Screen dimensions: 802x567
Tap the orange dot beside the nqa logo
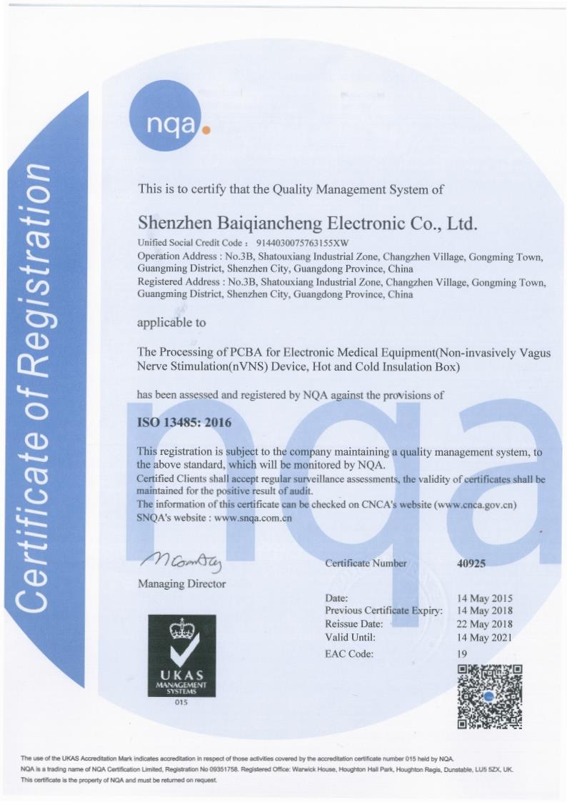(207, 131)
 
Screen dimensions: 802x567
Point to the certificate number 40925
(471, 563)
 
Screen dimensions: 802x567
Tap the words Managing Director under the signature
(181, 583)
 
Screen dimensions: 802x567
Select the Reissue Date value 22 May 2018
(485, 624)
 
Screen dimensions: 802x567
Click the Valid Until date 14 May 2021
(485, 637)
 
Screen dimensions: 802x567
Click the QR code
(489, 696)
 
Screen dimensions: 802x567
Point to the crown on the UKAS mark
(181, 629)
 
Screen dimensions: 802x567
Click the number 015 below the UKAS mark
(181, 704)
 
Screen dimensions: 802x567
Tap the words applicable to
(171, 322)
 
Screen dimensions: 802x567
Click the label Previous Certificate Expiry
(384, 611)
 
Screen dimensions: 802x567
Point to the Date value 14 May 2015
(485, 598)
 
